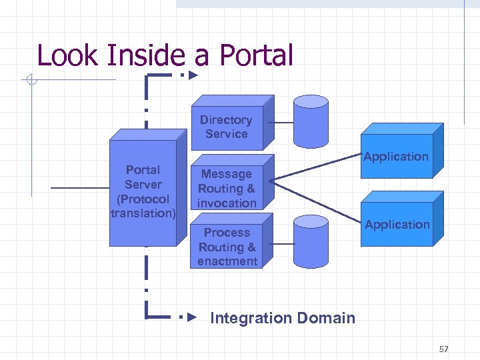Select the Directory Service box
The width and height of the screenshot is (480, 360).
[227, 127]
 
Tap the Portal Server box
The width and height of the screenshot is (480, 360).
[143, 190]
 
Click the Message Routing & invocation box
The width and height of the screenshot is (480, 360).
[227, 188]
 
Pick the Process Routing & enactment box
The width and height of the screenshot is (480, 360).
[227, 246]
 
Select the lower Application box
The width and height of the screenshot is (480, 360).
[397, 224]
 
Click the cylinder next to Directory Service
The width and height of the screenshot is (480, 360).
[311, 123]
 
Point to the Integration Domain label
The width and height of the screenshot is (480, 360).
[283, 318]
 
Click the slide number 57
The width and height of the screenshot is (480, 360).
[445, 349]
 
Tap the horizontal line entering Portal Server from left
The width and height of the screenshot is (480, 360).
[80, 189]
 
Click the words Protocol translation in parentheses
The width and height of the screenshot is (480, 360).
[143, 206]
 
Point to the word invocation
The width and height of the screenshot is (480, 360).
[227, 203]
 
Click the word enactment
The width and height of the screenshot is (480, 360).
[227, 261]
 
